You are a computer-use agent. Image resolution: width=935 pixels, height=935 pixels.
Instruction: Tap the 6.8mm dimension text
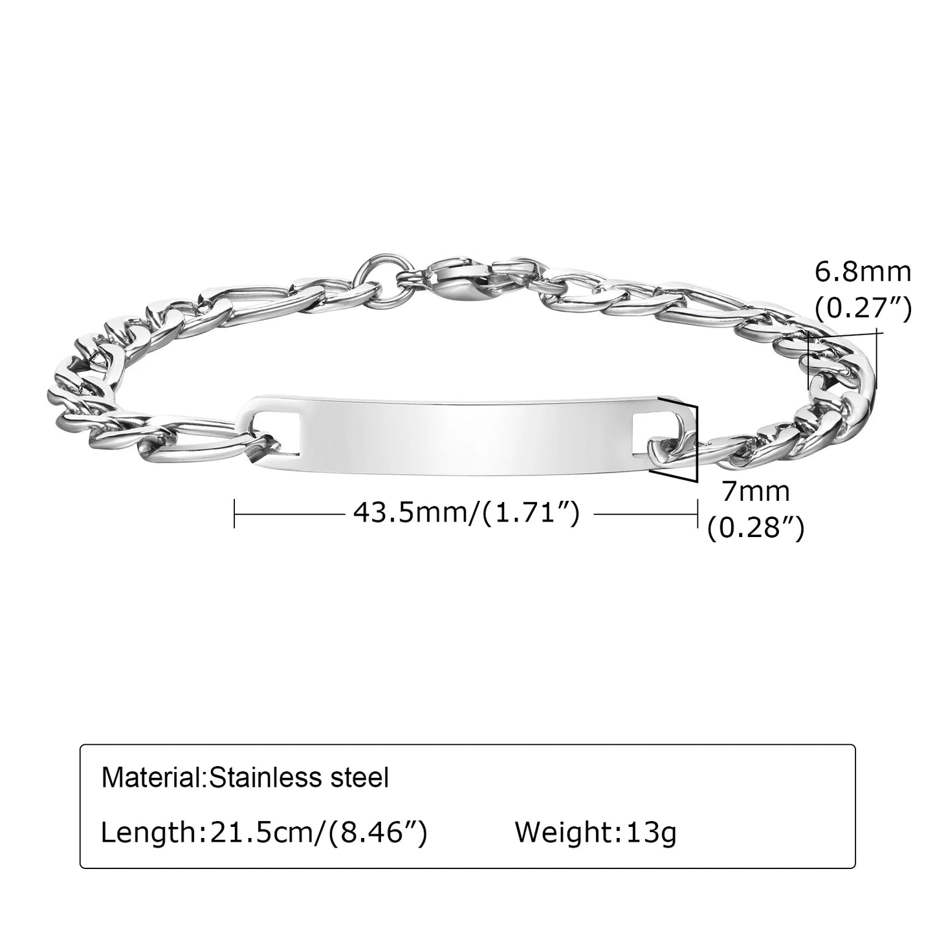[x=863, y=272]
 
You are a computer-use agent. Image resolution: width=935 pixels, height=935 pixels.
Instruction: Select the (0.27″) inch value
[x=863, y=308]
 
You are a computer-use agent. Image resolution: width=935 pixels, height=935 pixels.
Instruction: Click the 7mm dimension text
[x=755, y=492]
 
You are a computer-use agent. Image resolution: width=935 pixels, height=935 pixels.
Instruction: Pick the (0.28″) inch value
[x=755, y=529]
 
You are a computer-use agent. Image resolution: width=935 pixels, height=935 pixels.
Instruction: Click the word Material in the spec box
[x=152, y=777]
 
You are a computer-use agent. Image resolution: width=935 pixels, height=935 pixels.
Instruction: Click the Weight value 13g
[x=652, y=832]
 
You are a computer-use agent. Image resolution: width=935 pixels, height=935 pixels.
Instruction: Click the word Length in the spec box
[x=148, y=832]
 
